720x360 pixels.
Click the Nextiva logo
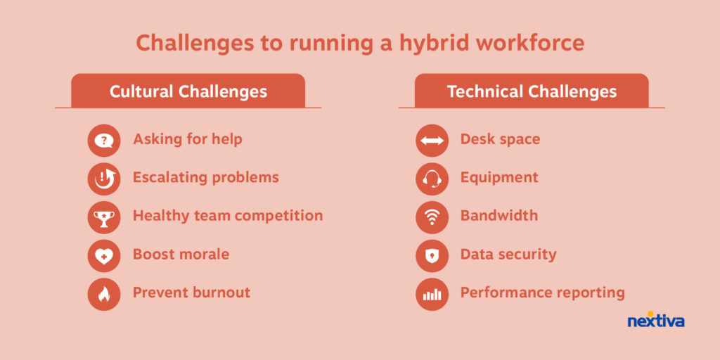coord(656,320)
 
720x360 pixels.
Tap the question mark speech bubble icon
coord(104,141)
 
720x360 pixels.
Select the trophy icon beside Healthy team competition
coord(104,217)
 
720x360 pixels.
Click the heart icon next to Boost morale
coord(104,256)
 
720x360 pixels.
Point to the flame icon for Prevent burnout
coord(104,295)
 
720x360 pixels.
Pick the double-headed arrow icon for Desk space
coord(432,141)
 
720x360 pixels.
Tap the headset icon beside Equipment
coord(432,179)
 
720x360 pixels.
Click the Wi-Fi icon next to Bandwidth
coord(432,217)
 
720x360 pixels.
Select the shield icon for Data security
coord(432,256)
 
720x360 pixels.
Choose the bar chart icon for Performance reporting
coord(432,295)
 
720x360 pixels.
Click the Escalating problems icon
coord(104,179)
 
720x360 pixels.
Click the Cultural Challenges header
coord(188,91)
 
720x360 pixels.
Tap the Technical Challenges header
coord(532,91)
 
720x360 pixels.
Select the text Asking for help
coord(187,139)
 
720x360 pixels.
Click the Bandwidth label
coord(499,215)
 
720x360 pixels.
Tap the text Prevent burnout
coord(191,292)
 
